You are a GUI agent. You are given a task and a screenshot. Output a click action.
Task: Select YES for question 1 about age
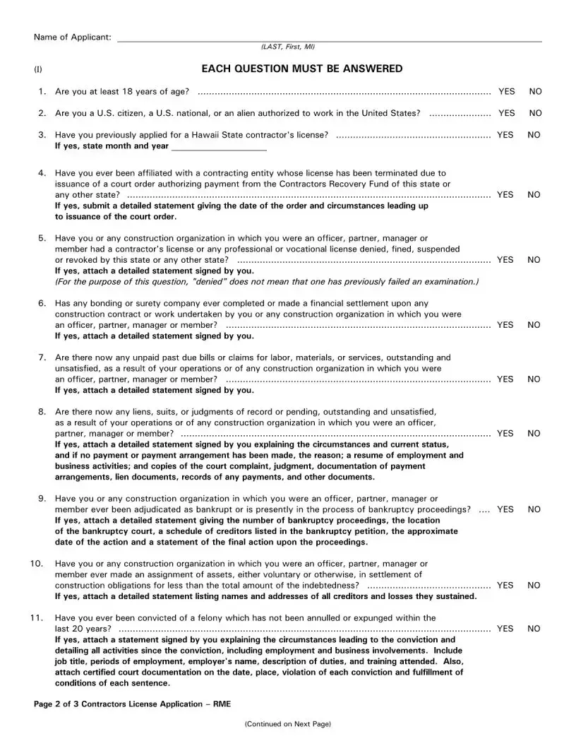coord(506,92)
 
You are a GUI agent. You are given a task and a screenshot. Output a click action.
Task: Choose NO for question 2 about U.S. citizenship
coord(535,113)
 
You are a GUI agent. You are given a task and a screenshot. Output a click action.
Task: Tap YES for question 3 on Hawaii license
coord(505,135)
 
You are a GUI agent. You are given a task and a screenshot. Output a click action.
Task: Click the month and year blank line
coord(219,147)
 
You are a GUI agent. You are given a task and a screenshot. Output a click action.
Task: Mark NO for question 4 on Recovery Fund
coord(534,195)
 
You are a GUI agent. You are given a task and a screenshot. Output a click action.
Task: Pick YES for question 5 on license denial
coord(505,260)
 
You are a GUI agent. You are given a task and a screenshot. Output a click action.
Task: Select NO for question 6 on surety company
coord(534,325)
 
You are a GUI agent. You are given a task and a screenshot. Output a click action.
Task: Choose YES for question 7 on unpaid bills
coord(505,379)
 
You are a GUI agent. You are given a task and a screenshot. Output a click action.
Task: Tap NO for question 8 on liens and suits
coord(534,434)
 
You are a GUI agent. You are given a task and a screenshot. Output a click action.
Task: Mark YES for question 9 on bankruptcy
coord(505,509)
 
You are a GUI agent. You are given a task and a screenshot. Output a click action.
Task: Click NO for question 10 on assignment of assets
coord(534,586)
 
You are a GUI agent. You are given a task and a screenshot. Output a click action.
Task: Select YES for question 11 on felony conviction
coord(505,629)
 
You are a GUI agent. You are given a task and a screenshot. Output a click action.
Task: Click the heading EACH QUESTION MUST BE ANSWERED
coord(302,69)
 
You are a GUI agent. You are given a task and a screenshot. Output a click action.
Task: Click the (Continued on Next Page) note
coord(287,724)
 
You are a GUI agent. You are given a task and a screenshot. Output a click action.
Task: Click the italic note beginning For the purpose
coord(267,282)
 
